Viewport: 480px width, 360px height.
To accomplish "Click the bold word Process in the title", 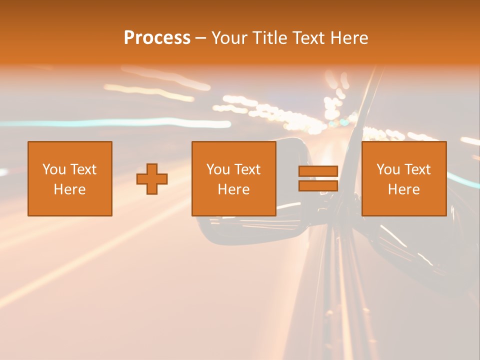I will click(x=157, y=38).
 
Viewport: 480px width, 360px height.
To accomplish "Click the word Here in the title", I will click(x=350, y=38).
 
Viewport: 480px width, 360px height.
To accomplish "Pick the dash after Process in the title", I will click(x=200, y=38).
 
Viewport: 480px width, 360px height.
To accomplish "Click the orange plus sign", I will click(x=152, y=179).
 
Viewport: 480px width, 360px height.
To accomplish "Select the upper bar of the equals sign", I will click(x=318, y=171).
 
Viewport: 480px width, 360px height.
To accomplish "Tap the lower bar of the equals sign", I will click(x=318, y=185).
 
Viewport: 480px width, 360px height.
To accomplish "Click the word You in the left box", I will click(x=54, y=169).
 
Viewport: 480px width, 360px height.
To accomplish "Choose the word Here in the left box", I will click(x=70, y=189).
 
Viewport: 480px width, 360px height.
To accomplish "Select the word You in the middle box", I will click(x=218, y=169).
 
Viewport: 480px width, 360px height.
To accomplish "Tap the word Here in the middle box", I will click(x=234, y=189).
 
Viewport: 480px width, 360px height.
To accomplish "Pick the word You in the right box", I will click(x=388, y=169).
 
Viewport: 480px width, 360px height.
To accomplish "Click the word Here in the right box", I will click(x=404, y=189).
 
